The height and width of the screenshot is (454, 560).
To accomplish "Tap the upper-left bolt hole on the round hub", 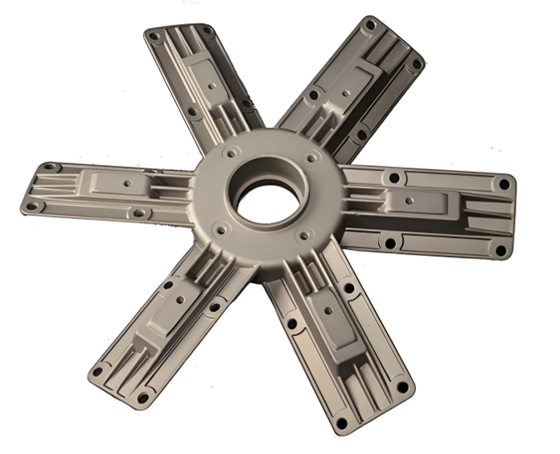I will pyautogui.click(x=231, y=153).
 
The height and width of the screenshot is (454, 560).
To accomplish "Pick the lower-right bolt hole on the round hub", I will pyautogui.click(x=306, y=235).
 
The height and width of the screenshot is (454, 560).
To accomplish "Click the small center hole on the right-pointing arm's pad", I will pyautogui.click(x=409, y=200).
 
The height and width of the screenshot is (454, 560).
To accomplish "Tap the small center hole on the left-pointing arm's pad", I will pyautogui.click(x=127, y=183).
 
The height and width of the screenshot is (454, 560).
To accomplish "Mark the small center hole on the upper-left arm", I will pyautogui.click(x=211, y=84).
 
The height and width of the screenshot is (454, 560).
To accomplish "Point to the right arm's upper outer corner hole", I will pyautogui.click(x=504, y=184).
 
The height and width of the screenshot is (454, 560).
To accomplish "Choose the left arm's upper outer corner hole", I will pyautogui.click(x=50, y=167).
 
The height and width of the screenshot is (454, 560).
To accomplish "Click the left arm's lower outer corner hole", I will pyautogui.click(x=33, y=207).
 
